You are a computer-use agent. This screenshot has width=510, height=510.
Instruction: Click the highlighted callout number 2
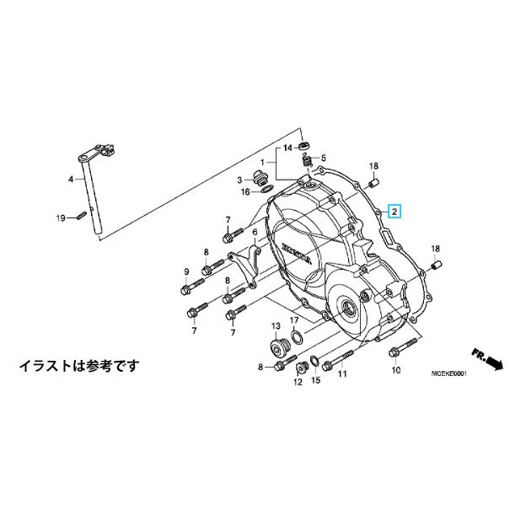point(393,212)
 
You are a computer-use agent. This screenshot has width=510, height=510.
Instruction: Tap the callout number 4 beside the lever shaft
point(72,180)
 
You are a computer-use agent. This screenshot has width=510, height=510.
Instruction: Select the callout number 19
point(61,218)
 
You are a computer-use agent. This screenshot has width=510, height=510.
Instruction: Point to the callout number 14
point(287,148)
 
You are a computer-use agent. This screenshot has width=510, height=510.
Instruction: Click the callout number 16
point(245,192)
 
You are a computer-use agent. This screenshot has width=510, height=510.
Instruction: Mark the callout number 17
point(294,321)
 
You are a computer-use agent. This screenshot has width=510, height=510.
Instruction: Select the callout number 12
point(297,382)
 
